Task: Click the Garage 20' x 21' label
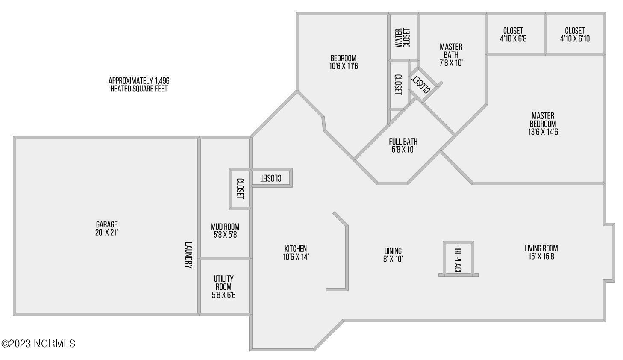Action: click(107, 228)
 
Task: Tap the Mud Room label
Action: click(225, 227)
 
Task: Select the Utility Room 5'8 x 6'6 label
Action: click(223, 287)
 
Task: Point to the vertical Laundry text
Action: click(189, 255)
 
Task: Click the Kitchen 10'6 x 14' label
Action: click(296, 253)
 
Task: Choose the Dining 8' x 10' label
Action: click(393, 255)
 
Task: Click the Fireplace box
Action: click(458, 258)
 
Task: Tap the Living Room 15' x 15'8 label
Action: click(541, 252)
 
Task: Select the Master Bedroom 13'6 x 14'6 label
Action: click(543, 124)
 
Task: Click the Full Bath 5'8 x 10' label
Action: click(403, 145)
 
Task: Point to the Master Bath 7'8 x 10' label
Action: click(451, 55)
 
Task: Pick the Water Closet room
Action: click(403, 37)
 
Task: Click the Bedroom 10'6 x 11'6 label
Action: click(344, 62)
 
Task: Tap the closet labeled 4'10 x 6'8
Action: click(516, 34)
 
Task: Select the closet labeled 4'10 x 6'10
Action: click(575, 34)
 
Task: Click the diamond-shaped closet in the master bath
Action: click(423, 84)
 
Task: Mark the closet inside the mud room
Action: click(240, 189)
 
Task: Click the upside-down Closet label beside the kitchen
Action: click(271, 178)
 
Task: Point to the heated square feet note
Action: click(139, 85)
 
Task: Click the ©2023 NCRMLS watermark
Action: click(38, 344)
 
